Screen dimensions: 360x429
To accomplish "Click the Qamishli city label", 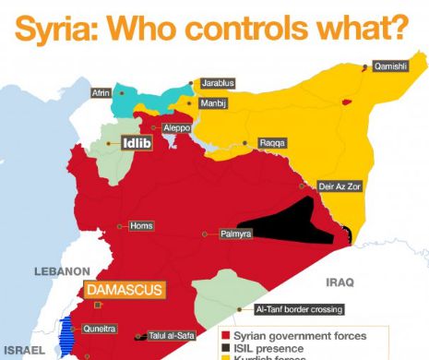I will point(388,66).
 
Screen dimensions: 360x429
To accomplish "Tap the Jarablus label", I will point(218,83).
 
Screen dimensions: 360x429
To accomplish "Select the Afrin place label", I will point(101,93).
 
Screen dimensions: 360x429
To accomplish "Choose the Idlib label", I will point(137,143).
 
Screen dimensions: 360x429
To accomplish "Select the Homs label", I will point(141,226).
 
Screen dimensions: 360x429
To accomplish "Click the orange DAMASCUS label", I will point(125,290).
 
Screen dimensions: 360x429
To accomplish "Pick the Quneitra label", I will point(100,327).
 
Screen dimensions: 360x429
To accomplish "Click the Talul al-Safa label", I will point(170,337).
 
